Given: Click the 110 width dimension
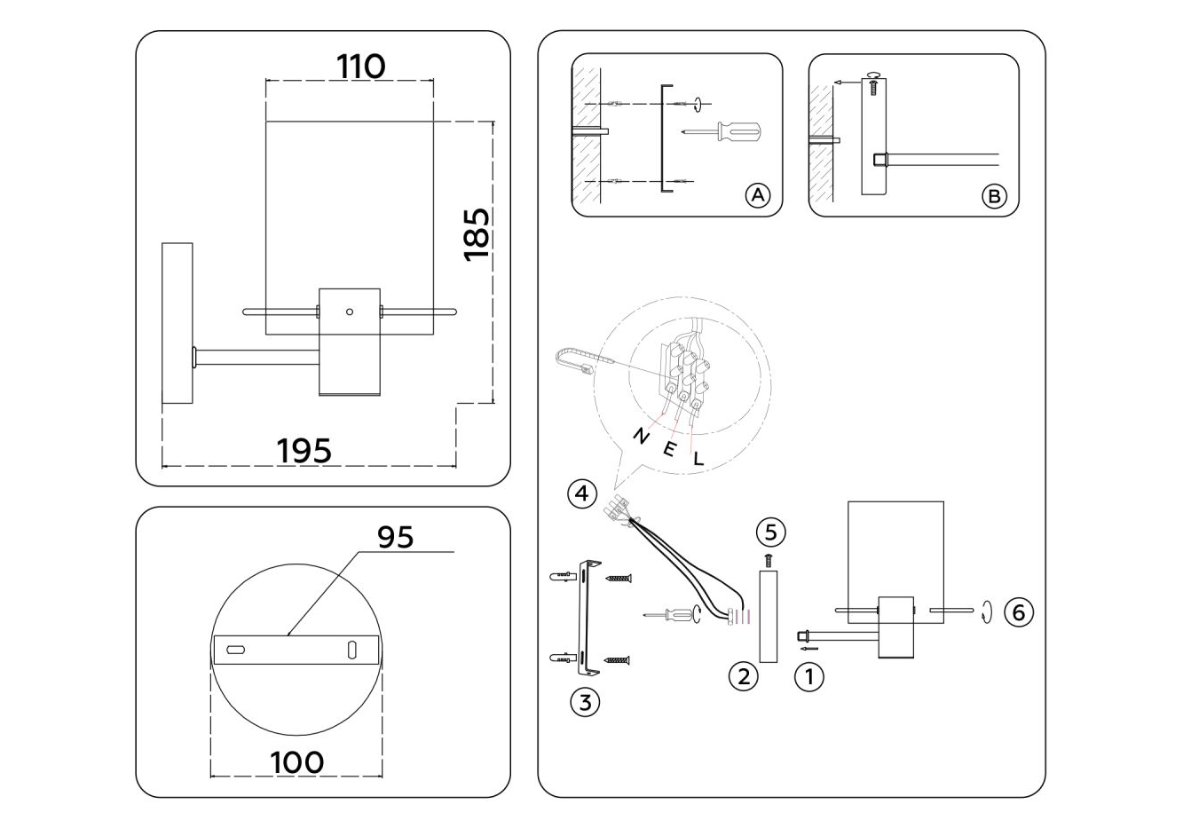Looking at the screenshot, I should (360, 66).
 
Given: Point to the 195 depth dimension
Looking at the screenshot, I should (304, 450).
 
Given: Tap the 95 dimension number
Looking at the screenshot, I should (396, 537).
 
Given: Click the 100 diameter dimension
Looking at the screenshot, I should (296, 761).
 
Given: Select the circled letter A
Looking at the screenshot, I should (757, 195).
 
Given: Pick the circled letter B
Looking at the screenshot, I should (994, 195).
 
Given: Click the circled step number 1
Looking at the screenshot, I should (808, 677).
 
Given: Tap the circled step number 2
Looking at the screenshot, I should (743, 676).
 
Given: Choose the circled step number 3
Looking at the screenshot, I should (584, 703).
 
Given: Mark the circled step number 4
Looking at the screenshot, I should (582, 493).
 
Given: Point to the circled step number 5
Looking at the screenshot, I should (770, 532).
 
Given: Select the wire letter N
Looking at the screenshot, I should (640, 435).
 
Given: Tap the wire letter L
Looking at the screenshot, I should (698, 459).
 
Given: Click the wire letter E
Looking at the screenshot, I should (669, 447).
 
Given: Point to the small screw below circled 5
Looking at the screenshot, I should (769, 560).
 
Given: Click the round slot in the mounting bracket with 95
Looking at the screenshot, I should (236, 650).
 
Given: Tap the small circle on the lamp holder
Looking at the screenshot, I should (350, 311).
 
